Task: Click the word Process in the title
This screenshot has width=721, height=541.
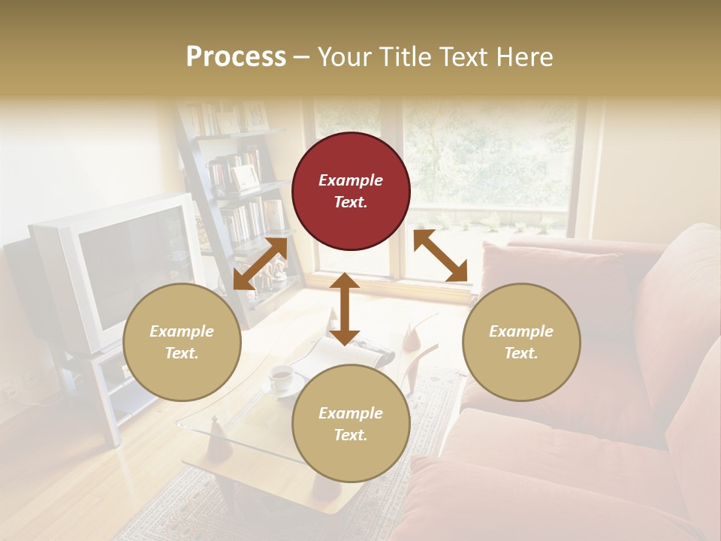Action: coord(236,57)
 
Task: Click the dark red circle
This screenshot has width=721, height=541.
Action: coord(351,191)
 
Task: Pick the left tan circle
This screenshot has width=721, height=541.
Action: coord(182,342)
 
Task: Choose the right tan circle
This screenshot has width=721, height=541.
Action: coord(521,342)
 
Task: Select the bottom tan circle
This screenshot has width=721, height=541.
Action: coord(351,424)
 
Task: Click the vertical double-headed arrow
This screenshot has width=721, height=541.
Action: coord(345,308)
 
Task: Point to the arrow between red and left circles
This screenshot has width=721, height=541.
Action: coord(260,263)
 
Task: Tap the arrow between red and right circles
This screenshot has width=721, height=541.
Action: coord(440,256)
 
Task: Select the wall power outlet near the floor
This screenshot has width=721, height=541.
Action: coord(11,389)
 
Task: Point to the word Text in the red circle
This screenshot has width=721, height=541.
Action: coord(351,202)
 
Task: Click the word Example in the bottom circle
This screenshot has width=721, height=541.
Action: coord(351,413)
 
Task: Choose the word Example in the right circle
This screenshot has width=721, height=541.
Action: coord(521,331)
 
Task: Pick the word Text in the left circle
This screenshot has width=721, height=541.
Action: coord(182,353)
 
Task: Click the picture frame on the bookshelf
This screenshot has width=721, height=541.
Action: coord(244,177)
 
